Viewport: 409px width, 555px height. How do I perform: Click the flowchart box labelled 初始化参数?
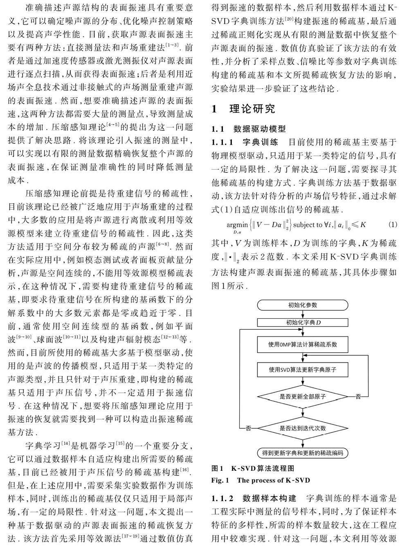tap(303, 305)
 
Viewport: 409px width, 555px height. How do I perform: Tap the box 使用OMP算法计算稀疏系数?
tap(303, 345)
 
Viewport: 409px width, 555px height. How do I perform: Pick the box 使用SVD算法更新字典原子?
tap(303, 370)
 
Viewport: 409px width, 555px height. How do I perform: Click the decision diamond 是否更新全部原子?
tap(303, 396)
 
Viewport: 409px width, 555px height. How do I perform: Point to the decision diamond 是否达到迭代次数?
tap(303, 428)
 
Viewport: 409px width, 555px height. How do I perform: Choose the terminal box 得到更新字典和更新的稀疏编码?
tap(303, 453)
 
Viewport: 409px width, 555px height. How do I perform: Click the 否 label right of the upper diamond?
tap(359, 396)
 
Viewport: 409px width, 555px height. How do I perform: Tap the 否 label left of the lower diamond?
tap(248, 428)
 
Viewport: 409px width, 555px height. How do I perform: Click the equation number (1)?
tap(392, 224)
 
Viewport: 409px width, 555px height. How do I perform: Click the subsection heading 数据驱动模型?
tap(259, 129)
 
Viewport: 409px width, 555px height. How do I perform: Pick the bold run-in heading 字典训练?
tap(260, 142)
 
